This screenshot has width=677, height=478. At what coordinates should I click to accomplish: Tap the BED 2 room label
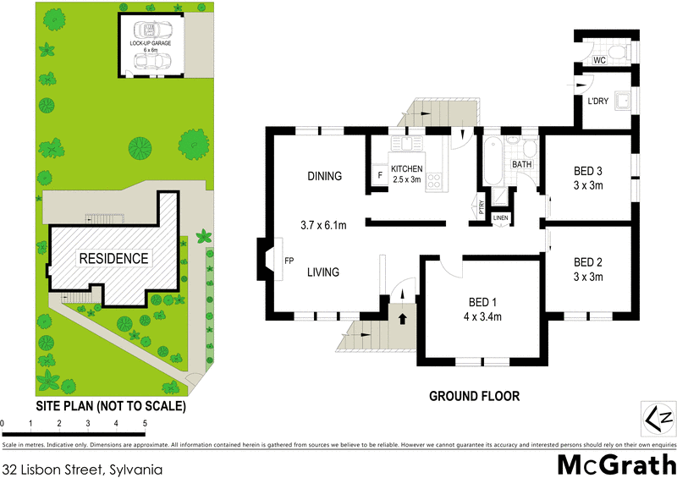pos(587,261)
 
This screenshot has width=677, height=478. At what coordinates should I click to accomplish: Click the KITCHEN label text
pos(407,169)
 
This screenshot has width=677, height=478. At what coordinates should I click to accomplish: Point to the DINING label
pos(324,177)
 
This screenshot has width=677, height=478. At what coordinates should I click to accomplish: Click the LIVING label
pos(323,272)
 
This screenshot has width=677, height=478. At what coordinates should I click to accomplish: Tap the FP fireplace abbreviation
pos(289,260)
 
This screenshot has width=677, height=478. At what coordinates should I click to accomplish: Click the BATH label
pos(521,164)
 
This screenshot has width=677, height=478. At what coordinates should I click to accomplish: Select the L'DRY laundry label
pos(599,102)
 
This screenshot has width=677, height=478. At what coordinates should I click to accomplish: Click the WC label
pos(598,61)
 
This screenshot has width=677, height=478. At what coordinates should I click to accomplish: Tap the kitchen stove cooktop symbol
pos(434,179)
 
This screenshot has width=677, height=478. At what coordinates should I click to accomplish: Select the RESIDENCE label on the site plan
pos(113,258)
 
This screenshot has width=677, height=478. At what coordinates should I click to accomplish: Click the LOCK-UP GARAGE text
pos(149,42)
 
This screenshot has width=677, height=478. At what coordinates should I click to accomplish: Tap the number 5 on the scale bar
pos(145,422)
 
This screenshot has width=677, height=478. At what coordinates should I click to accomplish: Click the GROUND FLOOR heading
pos(474,395)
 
